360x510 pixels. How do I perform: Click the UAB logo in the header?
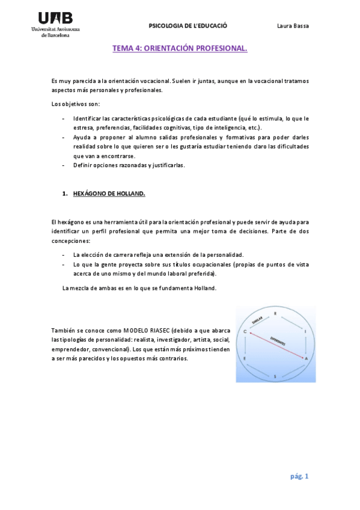[59, 24]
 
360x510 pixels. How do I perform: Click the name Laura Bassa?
[293, 26]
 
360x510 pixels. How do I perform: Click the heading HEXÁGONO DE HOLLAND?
[109, 194]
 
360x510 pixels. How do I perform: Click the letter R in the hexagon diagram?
[275, 313]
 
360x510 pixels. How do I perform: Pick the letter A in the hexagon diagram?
[306, 358]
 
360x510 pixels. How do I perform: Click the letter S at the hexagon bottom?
[275, 376]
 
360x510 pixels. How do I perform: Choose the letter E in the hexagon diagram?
[245, 358]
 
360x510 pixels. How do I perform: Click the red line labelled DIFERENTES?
[276, 345]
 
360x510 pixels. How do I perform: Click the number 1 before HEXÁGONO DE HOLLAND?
[64, 194]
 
